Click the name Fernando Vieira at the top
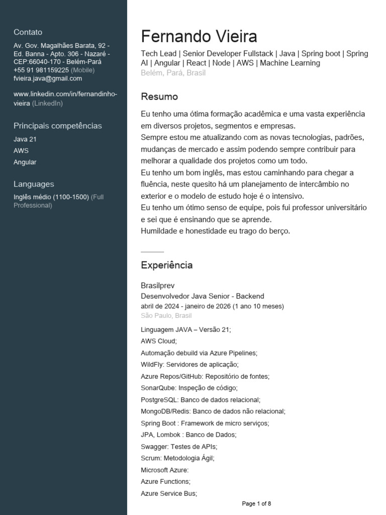click(199, 37)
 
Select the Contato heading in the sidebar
click(28, 32)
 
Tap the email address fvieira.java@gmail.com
click(48, 78)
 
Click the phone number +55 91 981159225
click(41, 70)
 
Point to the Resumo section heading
click(159, 97)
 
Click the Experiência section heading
click(166, 265)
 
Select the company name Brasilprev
click(157, 286)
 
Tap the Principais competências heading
click(57, 126)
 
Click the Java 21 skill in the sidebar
click(25, 139)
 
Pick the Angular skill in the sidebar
click(25, 162)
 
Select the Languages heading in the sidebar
click(34, 184)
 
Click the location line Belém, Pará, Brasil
click(173, 72)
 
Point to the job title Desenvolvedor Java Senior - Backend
click(202, 296)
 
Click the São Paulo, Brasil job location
click(166, 315)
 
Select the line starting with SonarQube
click(189, 388)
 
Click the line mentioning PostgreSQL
click(201, 400)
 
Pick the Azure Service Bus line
click(169, 493)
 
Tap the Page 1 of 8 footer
click(256, 503)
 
